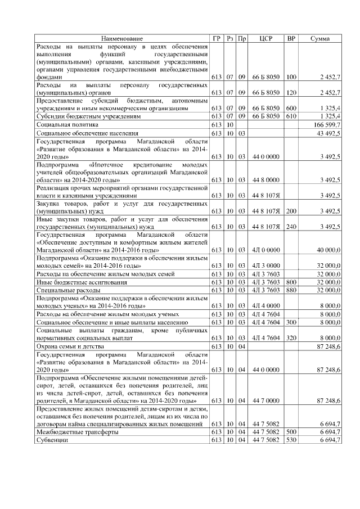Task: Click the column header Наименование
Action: pos(122,38)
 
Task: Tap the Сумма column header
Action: pos(320,38)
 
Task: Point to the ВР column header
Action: pos(291,38)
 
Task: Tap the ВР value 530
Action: pos(291,440)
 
